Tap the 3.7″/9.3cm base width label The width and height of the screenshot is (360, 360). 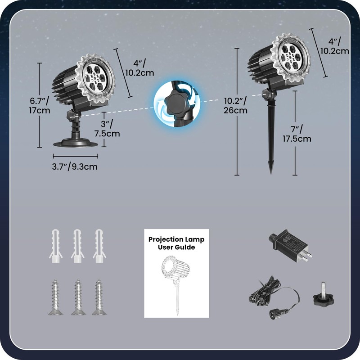click(x=75, y=166)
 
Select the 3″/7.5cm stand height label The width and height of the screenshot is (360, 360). click(x=107, y=128)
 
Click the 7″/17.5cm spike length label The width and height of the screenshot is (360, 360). click(x=297, y=133)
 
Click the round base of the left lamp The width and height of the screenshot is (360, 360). click(x=75, y=143)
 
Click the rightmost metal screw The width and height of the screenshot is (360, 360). click(x=99, y=298)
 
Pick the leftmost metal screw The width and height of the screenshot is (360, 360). click(x=54, y=298)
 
